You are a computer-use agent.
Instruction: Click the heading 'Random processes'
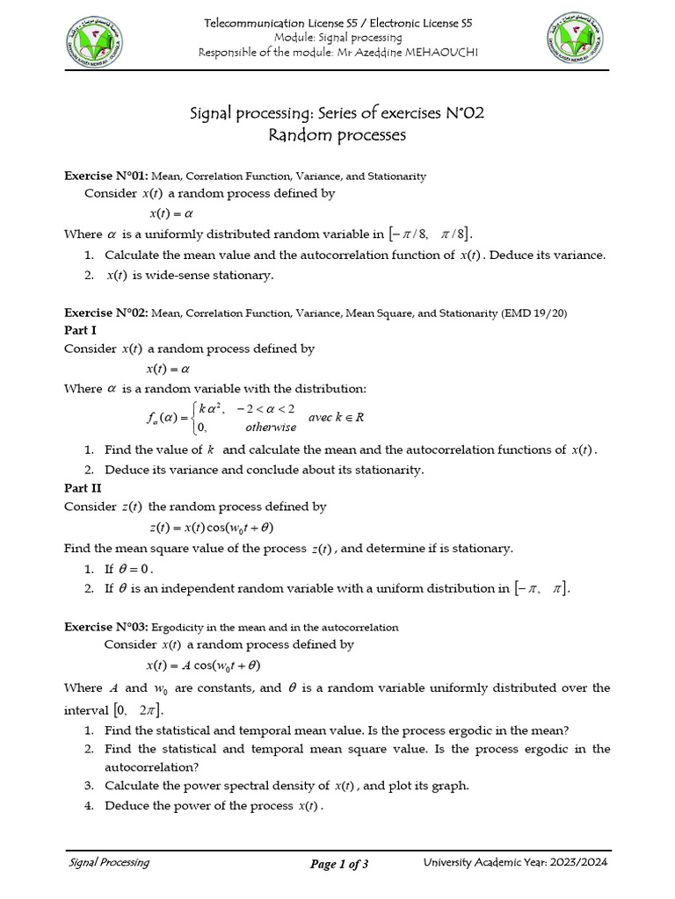[337, 134]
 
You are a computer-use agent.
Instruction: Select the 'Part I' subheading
[81, 330]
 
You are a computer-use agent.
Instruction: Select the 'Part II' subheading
[83, 488]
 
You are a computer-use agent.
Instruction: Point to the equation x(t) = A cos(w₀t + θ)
[202, 665]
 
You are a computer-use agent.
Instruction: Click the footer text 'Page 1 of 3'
[339, 865]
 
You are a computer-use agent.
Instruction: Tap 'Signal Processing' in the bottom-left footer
[109, 863]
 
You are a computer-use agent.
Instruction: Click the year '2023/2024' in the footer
[578, 863]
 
